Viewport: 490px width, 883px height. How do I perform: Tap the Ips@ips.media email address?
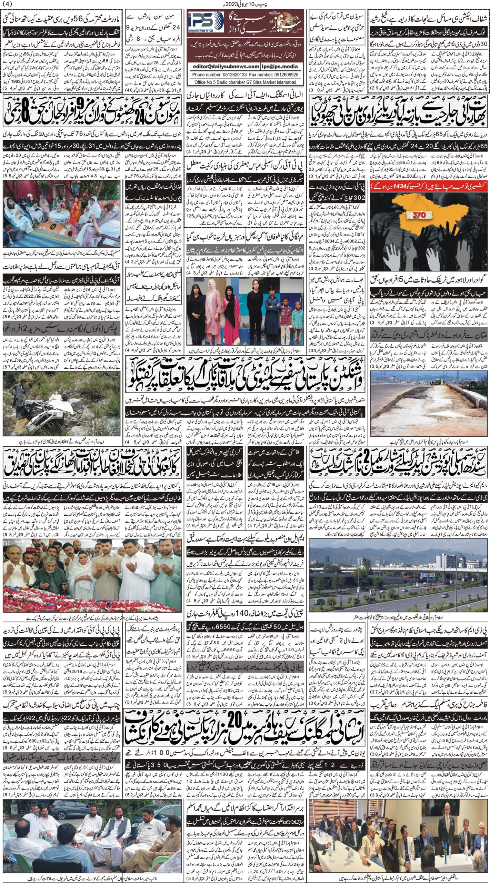click(x=281, y=67)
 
